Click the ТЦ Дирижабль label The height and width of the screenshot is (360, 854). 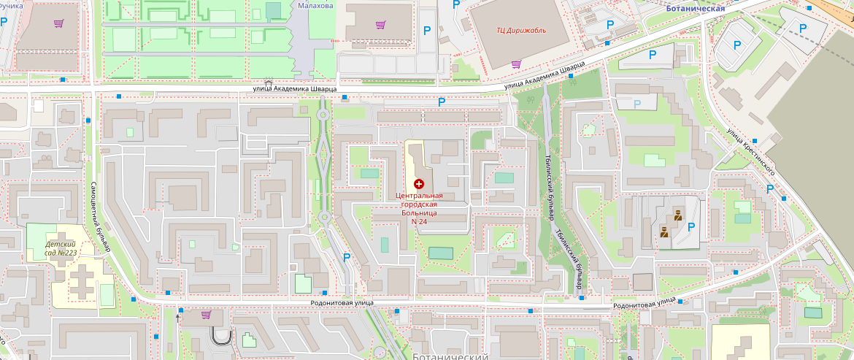521,30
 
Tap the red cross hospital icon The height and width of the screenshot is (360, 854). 419,184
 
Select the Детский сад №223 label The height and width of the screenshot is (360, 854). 61,248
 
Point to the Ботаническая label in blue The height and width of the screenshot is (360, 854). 695,8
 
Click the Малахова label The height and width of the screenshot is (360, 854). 315,5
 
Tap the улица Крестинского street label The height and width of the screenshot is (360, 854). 750,151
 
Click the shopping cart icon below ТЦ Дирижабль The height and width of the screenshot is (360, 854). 516,64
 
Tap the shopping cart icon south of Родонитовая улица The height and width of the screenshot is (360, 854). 206,315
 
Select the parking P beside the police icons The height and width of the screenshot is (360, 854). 690,226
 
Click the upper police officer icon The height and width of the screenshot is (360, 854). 677,215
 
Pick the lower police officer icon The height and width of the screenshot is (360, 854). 664,233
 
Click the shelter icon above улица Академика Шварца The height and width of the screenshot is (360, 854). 269,84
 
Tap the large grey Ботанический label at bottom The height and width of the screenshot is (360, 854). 450,356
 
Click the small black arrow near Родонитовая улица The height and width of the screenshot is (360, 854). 178,318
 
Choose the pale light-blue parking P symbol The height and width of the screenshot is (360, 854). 637,104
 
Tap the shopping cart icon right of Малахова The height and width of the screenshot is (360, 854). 380,24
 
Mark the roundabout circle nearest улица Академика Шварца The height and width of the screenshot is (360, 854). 322,114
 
